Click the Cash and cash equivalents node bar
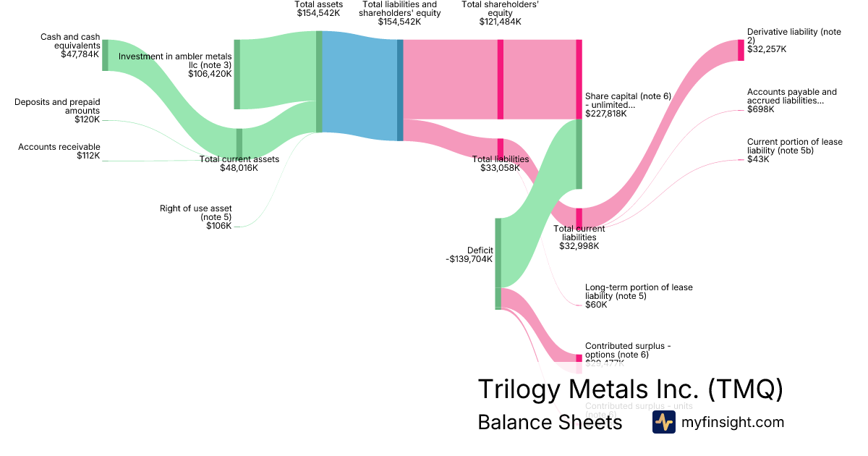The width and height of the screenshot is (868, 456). tap(105, 56)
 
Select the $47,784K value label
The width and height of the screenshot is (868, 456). tap(80, 54)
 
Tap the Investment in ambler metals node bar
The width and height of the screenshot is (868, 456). tap(237, 75)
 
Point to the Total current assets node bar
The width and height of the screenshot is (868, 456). tap(239, 143)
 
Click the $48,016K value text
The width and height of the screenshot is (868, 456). tap(239, 168)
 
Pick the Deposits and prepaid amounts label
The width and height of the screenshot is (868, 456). tap(57, 106)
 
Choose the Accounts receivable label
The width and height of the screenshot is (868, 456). tap(59, 147)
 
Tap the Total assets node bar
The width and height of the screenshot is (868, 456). tap(319, 82)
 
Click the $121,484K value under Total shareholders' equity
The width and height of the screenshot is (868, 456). tap(500, 22)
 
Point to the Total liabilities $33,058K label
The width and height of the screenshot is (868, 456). tap(501, 164)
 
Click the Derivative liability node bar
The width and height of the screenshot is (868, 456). tap(741, 50)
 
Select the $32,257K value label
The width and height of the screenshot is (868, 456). tap(767, 49)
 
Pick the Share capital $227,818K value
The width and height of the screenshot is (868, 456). tap(606, 114)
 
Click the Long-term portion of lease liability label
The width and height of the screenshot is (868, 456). tap(639, 292)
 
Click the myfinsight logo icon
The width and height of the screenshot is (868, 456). tap(663, 423)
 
